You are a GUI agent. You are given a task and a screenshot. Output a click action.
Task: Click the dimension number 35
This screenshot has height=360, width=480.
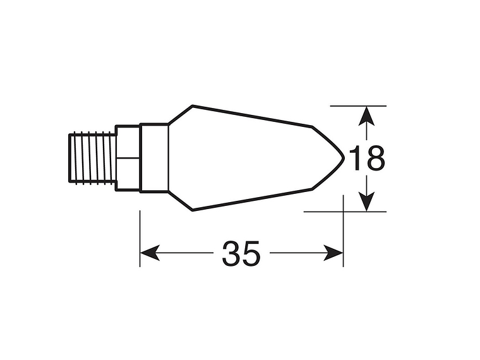tap(241, 254)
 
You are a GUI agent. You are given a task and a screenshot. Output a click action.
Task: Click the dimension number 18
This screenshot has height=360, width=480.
tap(366, 159)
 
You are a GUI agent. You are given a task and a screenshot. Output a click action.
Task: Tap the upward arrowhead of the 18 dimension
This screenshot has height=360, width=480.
tap(366, 114)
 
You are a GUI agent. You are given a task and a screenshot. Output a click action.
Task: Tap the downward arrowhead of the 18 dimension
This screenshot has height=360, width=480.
tap(366, 203)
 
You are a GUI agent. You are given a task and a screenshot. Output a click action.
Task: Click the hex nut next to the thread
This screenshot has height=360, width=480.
tap(126, 158)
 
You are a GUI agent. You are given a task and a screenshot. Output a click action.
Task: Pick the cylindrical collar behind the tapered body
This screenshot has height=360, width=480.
tap(153, 158)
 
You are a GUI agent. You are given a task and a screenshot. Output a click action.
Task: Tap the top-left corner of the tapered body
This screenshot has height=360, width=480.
tap(192, 105)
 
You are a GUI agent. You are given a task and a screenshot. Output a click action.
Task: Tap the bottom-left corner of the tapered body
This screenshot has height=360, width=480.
tap(192, 210)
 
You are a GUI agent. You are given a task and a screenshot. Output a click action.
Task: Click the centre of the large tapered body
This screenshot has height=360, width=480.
tap(246, 158)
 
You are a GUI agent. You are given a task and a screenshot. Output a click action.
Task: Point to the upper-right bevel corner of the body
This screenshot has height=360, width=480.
tap(313, 127)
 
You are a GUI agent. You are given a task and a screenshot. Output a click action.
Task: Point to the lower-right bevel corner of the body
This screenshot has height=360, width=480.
tap(313, 189)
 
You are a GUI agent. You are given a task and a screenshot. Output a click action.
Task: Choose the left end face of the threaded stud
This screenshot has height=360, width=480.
tap(70, 158)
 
